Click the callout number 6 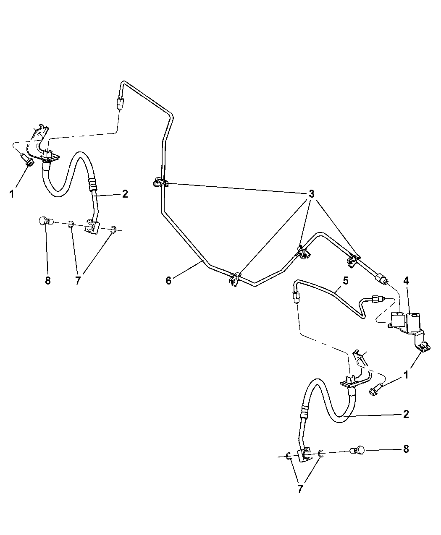pyautogui.click(x=168, y=281)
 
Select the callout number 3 pyautogui.click(x=311, y=194)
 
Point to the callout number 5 pyautogui.click(x=345, y=281)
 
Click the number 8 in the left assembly pyautogui.click(x=47, y=281)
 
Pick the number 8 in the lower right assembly pyautogui.click(x=406, y=449)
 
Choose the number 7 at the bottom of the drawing pyautogui.click(x=300, y=489)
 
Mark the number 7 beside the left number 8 pyautogui.click(x=78, y=281)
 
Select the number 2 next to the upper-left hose pyautogui.click(x=125, y=194)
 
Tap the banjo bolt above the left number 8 pyautogui.click(x=44, y=221)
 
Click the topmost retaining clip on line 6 pyautogui.click(x=159, y=183)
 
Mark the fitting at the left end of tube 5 pyautogui.click(x=297, y=298)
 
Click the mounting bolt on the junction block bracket pyautogui.click(x=423, y=347)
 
